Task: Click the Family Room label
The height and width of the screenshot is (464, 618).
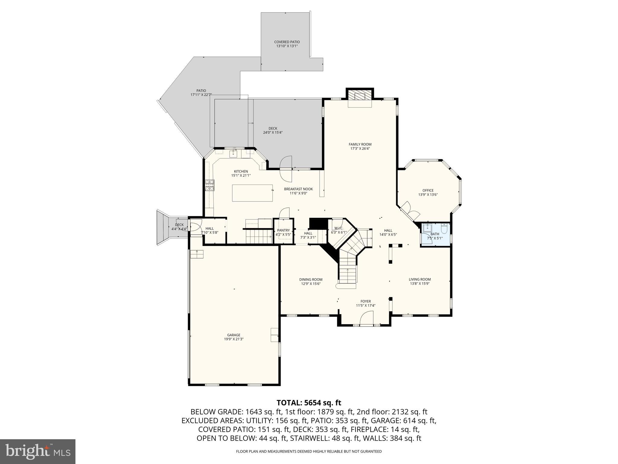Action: pos(360,144)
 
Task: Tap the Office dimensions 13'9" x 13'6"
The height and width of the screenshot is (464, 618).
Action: pos(428,195)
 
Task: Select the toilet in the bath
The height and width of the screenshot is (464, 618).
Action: pos(444,229)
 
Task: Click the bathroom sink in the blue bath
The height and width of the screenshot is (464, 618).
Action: pos(427,228)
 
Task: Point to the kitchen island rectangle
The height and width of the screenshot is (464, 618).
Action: pos(252,193)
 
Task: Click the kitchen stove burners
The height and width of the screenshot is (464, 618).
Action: pos(210,185)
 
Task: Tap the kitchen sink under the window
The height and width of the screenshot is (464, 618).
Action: pos(234,154)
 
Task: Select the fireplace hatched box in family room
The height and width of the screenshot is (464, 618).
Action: pos(360,96)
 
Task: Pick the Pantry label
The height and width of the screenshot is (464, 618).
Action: pos(283,230)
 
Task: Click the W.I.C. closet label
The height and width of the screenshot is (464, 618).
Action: pos(339,228)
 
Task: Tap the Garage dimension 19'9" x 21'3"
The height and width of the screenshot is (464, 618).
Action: pos(234,339)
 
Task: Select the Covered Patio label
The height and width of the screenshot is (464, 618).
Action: pos(287,42)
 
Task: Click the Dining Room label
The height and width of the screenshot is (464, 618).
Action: pos(311,279)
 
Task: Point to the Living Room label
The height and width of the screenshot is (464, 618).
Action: pos(420,279)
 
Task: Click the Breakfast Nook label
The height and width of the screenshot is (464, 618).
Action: pos(298,189)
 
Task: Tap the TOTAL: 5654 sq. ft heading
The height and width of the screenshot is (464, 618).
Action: pos(309,403)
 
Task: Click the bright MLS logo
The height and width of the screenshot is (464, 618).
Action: pos(38,452)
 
